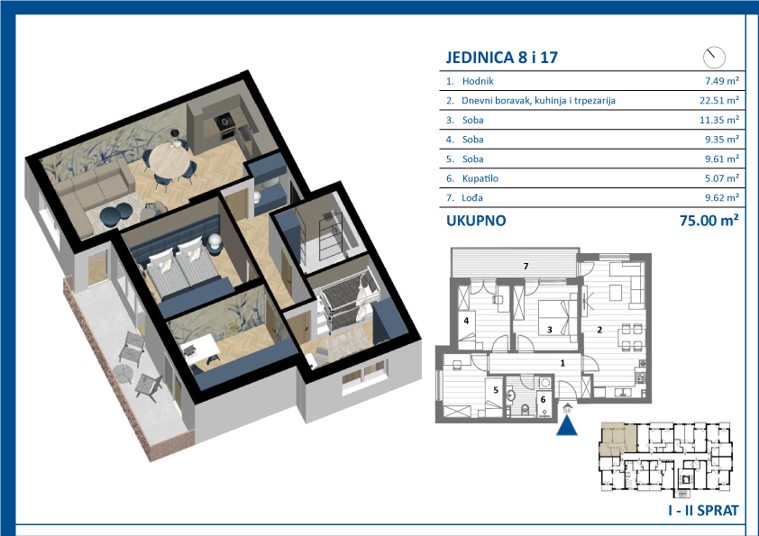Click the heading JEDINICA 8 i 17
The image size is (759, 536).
click(501, 58)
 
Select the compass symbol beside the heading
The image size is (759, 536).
click(714, 58)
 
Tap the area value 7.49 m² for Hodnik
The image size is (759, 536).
click(722, 81)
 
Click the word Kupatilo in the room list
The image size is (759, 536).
click(480, 178)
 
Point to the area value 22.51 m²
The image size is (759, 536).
click(719, 101)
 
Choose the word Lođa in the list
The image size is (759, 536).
click(472, 198)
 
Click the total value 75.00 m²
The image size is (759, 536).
click(709, 221)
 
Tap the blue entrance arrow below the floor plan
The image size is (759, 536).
click(567, 426)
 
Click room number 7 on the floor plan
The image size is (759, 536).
click(526, 266)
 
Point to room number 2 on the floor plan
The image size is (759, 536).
click(599, 330)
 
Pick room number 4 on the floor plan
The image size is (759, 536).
click(466, 320)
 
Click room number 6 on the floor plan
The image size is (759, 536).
click(544, 400)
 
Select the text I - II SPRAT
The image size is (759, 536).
click(703, 511)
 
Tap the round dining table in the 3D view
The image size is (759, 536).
click(169, 161)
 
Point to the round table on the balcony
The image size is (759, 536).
click(123, 374)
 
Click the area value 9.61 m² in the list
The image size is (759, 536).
click(722, 159)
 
